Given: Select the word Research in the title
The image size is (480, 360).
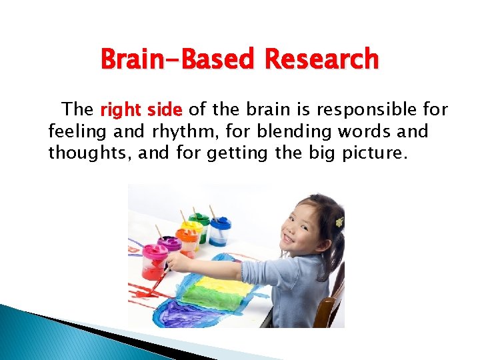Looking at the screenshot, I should [x=321, y=60].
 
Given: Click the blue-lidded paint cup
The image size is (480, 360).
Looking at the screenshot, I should [x=219, y=230].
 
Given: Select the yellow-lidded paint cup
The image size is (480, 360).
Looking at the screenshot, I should [x=192, y=237].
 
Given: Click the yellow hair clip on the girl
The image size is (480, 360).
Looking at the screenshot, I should [x=339, y=221].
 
